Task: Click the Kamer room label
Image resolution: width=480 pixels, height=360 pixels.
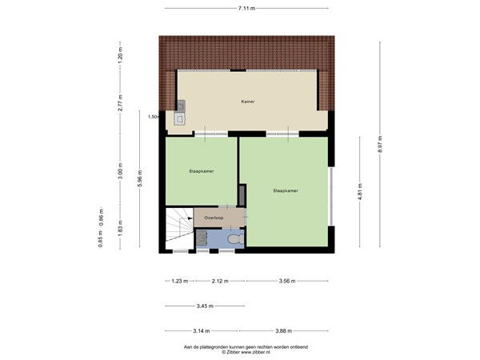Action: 248,102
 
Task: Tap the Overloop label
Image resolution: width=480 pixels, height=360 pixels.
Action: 214,218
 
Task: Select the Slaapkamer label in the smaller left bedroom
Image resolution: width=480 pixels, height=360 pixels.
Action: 201,171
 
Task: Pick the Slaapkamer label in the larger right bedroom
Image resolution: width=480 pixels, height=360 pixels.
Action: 286,191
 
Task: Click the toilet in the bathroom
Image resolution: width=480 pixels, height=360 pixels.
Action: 234,239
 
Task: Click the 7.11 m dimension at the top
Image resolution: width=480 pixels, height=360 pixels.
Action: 246,8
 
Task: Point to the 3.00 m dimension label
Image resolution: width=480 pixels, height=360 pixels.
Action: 120,171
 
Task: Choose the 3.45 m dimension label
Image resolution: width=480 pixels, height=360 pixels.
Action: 204,306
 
